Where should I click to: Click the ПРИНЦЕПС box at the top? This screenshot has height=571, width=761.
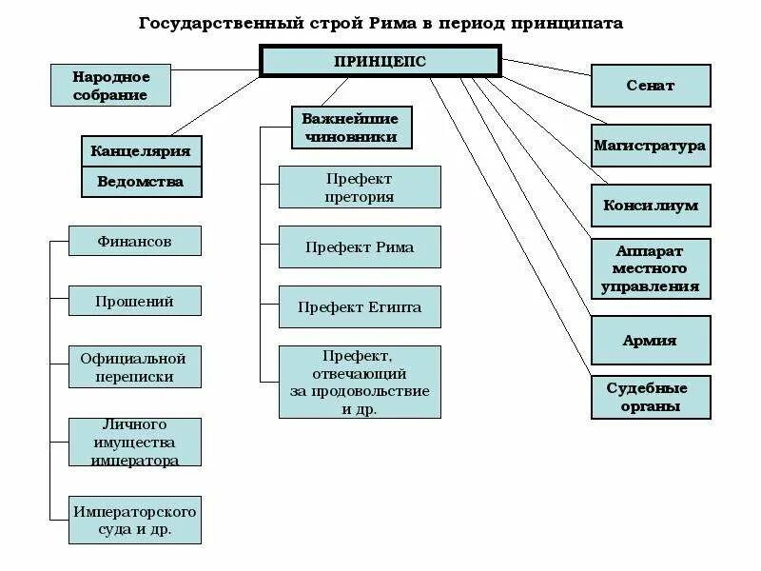point(380,60)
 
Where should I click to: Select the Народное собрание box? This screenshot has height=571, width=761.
point(110,85)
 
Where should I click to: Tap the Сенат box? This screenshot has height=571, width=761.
point(651,86)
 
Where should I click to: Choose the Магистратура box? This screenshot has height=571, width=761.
point(651,146)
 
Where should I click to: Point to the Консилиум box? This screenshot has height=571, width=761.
point(651,206)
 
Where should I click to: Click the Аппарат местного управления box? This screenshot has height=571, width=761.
point(651,268)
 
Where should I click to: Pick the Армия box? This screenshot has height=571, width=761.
point(651,340)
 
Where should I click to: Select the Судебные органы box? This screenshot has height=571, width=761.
point(651,397)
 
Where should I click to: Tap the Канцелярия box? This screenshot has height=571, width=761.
point(141,150)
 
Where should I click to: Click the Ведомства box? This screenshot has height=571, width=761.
point(141,181)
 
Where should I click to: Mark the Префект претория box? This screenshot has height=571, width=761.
point(360,187)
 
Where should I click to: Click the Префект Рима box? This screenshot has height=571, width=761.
point(360,247)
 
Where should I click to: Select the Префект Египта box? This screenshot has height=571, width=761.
point(360,307)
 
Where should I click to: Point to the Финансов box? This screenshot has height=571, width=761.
point(134,241)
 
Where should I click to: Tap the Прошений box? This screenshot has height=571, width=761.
point(134,301)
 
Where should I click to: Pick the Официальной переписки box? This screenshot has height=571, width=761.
point(134,367)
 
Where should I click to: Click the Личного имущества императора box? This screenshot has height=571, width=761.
point(134,443)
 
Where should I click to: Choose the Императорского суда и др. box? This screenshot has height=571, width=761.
point(134,520)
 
